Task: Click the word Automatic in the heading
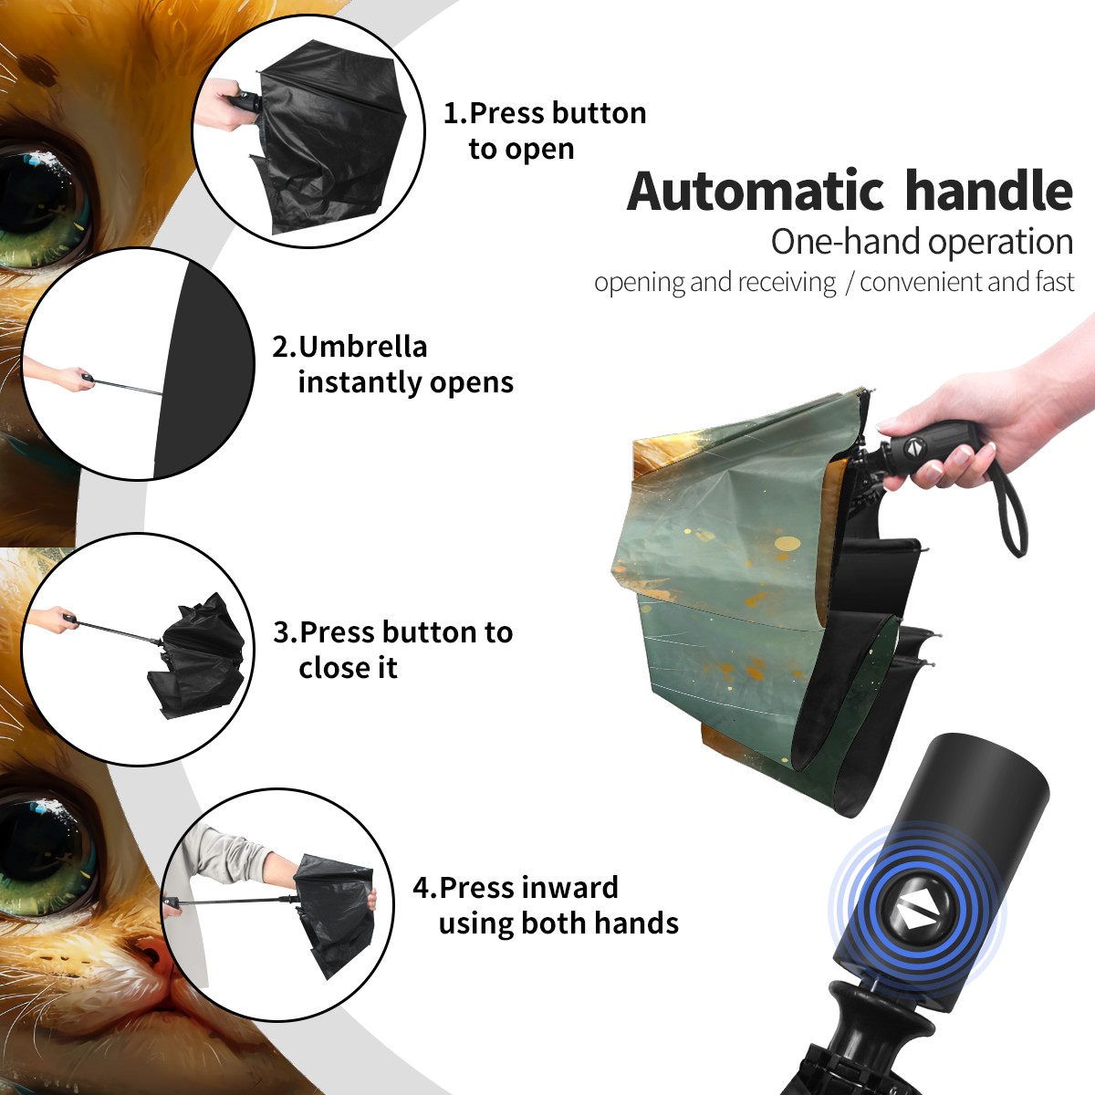tap(756, 192)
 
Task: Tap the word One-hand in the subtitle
tap(846, 242)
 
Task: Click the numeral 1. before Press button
tap(454, 113)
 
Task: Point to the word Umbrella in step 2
tap(362, 347)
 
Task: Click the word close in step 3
tap(328, 667)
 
